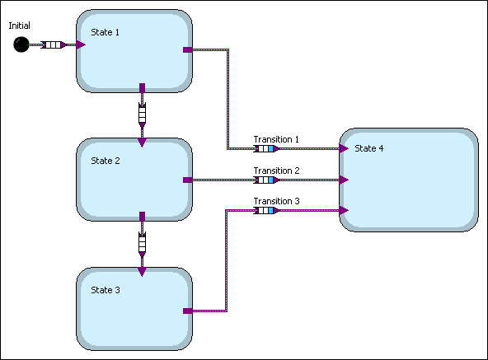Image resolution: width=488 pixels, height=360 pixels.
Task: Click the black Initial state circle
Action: (21, 45)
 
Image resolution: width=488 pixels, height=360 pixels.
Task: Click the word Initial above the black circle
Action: (20, 26)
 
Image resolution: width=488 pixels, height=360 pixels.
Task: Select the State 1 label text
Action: (105, 32)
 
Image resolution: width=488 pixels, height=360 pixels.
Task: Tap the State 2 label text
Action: (105, 161)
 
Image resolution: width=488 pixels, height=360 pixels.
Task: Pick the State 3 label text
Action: (105, 289)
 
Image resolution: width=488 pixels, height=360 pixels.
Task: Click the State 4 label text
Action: (368, 148)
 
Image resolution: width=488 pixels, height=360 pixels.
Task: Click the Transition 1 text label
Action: (276, 139)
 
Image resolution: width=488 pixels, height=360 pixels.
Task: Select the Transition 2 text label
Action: (276, 171)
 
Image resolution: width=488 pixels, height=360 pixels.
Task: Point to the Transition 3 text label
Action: (276, 201)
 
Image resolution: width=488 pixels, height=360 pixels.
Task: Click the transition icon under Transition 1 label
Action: (265, 149)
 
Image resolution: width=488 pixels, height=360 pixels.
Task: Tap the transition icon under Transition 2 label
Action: (265, 180)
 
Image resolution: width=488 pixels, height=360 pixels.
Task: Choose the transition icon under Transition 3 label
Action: (265, 210)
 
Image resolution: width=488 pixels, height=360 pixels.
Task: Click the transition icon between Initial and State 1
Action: (51, 45)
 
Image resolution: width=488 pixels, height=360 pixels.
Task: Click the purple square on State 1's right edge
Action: (187, 50)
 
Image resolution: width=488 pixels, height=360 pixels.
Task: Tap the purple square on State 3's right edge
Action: (187, 311)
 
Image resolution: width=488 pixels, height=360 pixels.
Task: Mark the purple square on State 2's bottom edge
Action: (142, 216)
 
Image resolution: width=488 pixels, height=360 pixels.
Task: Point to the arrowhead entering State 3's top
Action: (142, 271)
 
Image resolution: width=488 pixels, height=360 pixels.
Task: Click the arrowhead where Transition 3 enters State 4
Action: (344, 210)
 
